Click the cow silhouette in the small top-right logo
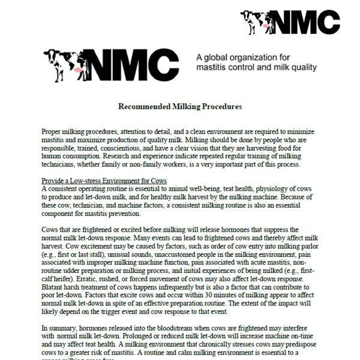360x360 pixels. pos(257,22)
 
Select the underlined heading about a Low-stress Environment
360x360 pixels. pos(104,181)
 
